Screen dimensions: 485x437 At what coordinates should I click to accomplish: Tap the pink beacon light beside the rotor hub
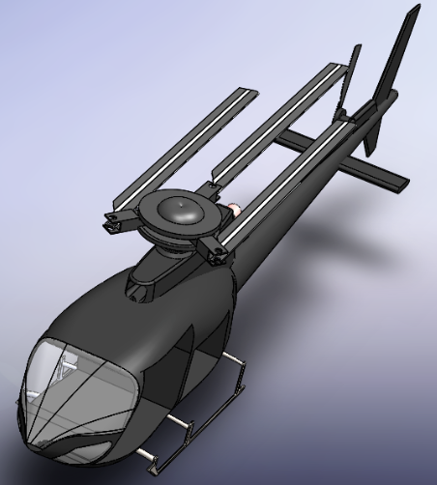coord(234,209)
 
